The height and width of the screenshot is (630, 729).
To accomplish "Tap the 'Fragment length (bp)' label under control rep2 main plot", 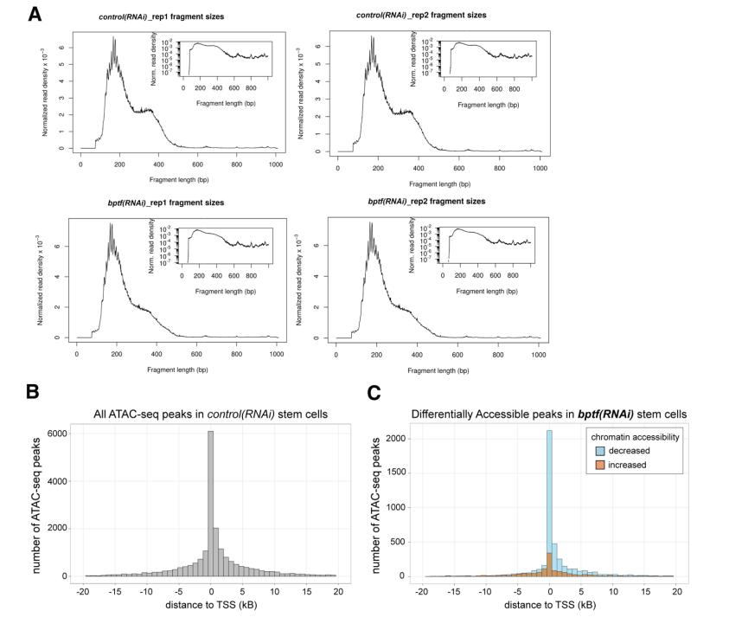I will click(x=442, y=183).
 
